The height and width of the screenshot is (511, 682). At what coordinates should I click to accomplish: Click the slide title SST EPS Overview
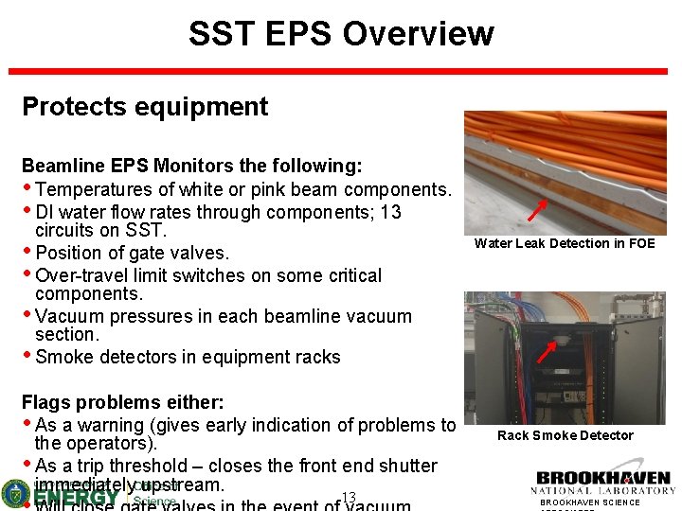[x=341, y=33]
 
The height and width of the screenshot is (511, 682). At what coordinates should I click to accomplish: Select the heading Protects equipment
[x=145, y=107]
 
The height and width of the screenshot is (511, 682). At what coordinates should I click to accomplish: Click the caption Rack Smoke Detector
[x=565, y=435]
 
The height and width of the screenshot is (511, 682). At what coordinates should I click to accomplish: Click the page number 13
[x=348, y=498]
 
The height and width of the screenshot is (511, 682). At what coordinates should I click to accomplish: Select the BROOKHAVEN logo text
[x=602, y=478]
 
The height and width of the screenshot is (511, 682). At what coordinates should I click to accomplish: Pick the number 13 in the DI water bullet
[x=389, y=212]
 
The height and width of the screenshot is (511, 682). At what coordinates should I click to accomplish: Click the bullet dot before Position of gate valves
[x=27, y=253]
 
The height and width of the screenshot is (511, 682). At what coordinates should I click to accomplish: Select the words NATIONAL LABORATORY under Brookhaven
[x=602, y=490]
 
